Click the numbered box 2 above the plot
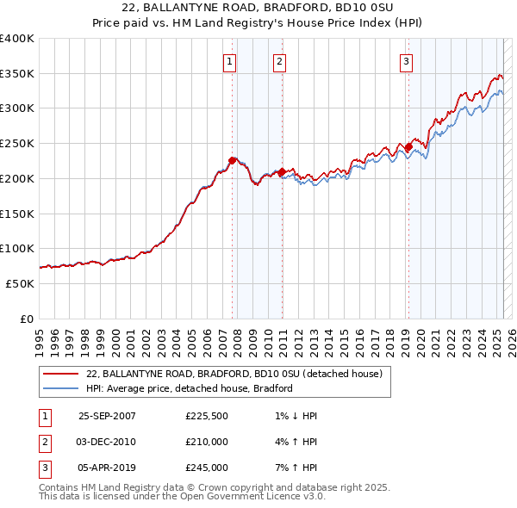[x=281, y=60]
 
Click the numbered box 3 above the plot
[x=406, y=60]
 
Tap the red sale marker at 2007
[x=233, y=160]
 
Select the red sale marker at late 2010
[x=282, y=171]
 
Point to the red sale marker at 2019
[x=408, y=146]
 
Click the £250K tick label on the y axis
[x=17, y=143]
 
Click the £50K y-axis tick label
[x=20, y=283]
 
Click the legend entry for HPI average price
[x=190, y=388]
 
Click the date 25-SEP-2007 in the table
[x=107, y=416]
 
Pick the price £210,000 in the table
[x=207, y=442]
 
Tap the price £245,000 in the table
[x=207, y=468]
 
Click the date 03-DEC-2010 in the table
[x=107, y=442]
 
